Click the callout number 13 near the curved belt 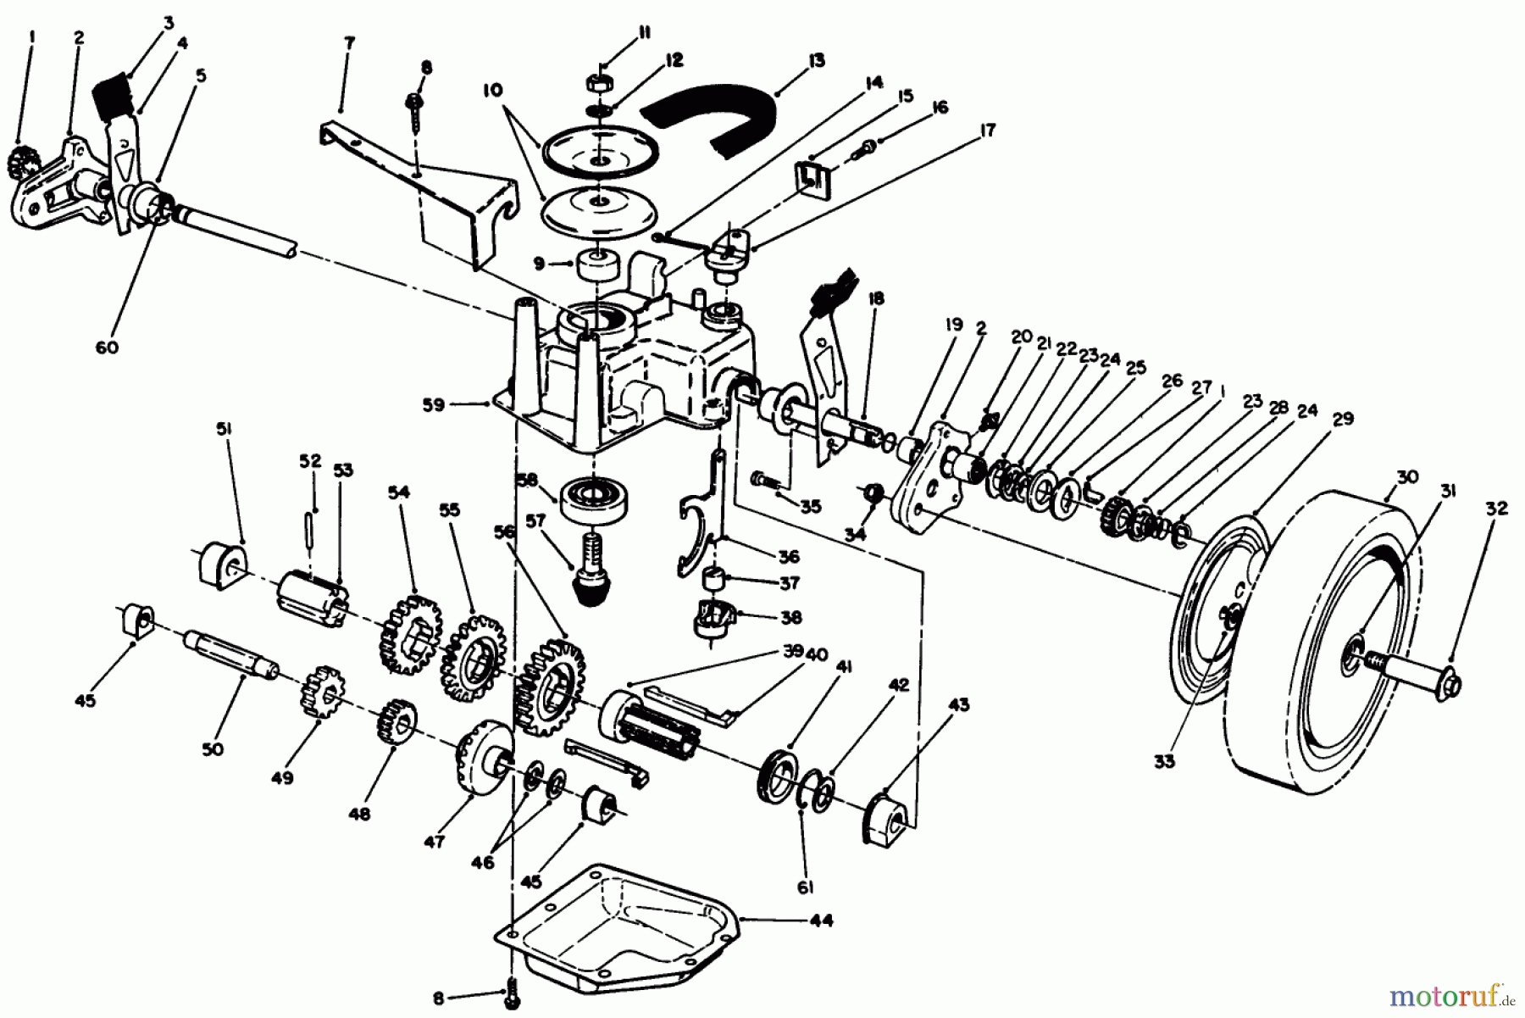816,61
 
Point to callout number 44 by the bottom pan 820,920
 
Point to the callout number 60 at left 107,348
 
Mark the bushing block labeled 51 223,563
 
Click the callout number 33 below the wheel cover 1164,761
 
